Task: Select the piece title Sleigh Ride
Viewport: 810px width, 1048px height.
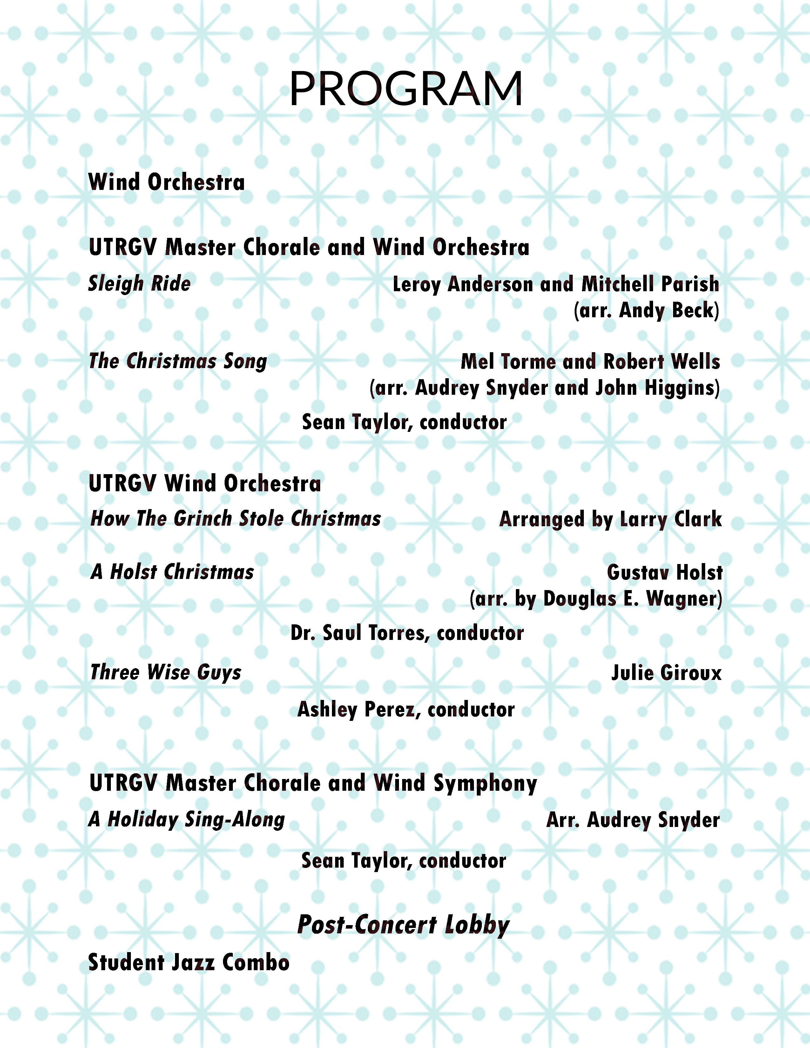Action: (139, 284)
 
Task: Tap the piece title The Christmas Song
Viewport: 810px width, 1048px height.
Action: (178, 361)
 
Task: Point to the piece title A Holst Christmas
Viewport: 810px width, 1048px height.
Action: (172, 572)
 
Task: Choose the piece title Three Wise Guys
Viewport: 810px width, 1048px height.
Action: (165, 672)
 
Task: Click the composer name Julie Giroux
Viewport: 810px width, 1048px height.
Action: (666, 673)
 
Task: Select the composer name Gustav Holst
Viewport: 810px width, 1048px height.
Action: (665, 573)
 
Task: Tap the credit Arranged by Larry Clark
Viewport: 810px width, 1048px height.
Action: (611, 519)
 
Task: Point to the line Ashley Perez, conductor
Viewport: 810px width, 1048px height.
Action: (406, 710)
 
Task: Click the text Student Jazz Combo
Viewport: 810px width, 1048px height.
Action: (189, 963)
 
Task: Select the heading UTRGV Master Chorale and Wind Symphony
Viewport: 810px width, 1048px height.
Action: (313, 783)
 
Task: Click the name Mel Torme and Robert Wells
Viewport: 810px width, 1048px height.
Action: (590, 362)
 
